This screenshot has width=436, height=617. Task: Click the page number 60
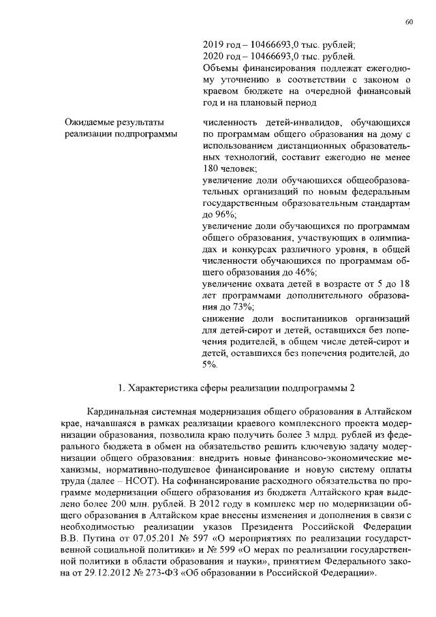pos(409,22)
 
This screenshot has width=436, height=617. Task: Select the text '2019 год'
pos(223,42)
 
